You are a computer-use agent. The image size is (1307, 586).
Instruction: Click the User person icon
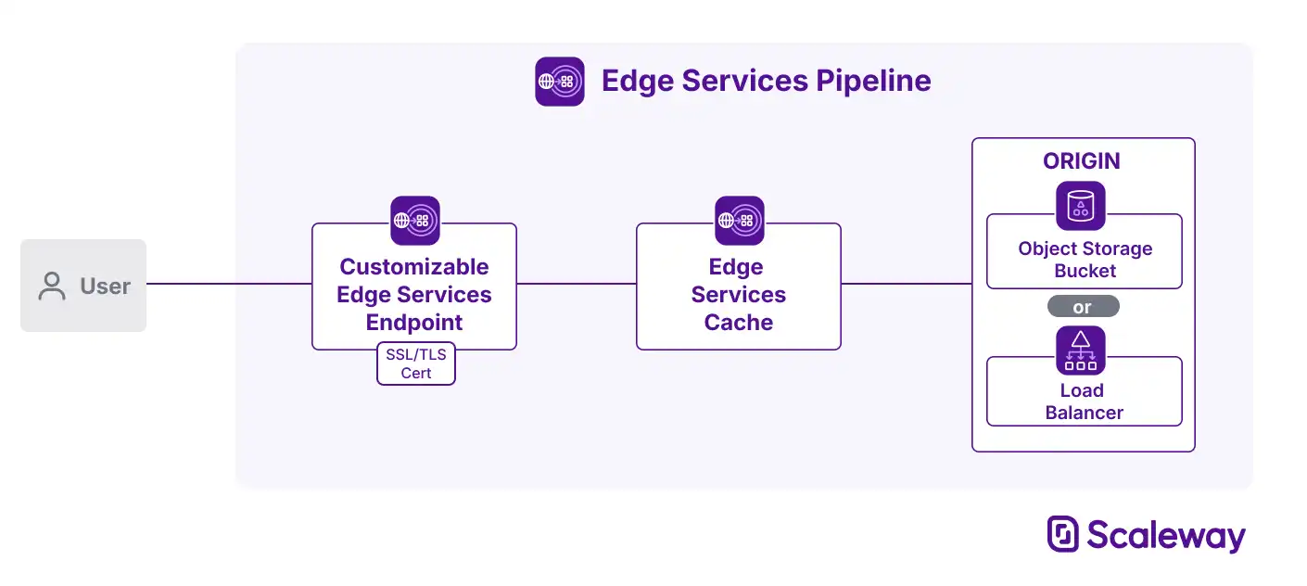click(x=52, y=287)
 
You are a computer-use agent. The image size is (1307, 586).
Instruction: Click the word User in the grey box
click(x=105, y=287)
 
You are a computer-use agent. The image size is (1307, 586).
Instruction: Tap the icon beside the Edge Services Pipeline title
click(x=560, y=82)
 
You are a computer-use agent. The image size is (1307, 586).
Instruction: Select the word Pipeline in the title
click(x=873, y=82)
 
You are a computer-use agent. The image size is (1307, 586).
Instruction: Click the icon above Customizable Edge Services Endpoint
click(x=414, y=221)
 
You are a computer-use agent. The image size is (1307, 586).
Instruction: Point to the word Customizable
click(x=414, y=267)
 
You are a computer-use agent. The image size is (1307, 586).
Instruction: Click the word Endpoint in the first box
click(x=414, y=323)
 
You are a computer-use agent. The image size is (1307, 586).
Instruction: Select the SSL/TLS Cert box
click(x=416, y=363)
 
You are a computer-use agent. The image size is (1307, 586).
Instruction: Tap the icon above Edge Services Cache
click(x=739, y=221)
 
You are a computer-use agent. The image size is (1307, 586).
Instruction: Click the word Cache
click(x=739, y=323)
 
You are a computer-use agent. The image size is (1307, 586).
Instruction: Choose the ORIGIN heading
click(x=1082, y=161)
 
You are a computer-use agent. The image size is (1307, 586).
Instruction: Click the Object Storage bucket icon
click(x=1081, y=206)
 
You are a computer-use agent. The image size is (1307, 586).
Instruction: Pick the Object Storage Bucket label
click(x=1085, y=260)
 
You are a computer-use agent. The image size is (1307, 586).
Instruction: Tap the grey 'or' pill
click(x=1083, y=307)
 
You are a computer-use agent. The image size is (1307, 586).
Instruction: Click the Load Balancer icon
click(x=1081, y=350)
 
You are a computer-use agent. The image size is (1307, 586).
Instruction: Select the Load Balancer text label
click(x=1084, y=401)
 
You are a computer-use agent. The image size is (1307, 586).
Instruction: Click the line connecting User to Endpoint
click(x=229, y=284)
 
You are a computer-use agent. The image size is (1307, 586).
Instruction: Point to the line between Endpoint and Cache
click(x=576, y=284)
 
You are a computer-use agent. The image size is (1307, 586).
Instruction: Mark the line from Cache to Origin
click(x=906, y=284)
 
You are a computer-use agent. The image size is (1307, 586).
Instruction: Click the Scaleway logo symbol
click(x=1063, y=534)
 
